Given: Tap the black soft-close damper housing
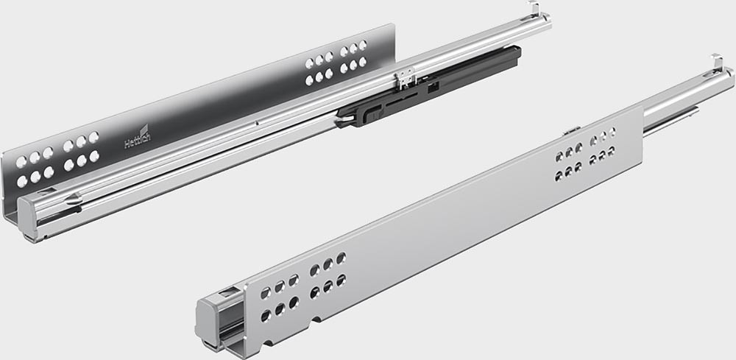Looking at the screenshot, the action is (429, 86).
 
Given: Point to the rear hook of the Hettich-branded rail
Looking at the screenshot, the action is (534, 8).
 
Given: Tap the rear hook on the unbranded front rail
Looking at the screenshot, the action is (717, 62).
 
